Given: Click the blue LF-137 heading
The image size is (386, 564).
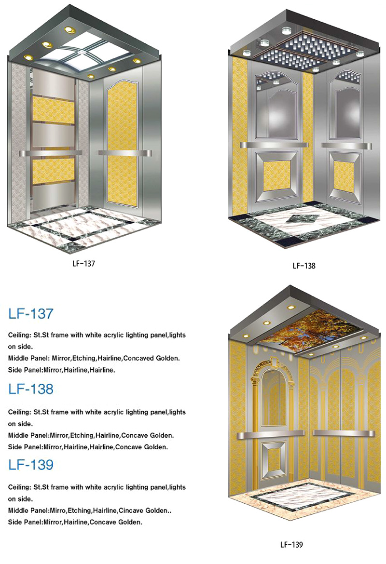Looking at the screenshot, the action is coord(31,314).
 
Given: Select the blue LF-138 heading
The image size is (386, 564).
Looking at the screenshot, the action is coord(31,389).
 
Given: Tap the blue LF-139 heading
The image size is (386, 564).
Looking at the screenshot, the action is coord(31,464).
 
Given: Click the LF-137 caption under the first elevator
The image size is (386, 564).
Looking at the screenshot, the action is coord(83,263).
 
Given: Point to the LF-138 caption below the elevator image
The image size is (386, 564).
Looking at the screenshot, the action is coord(304,266).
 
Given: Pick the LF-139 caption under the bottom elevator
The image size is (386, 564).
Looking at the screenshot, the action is coord(291,545).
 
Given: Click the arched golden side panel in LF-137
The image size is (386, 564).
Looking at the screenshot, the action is coord(123,143).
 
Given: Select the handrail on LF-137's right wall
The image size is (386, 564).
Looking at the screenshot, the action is coord(124,153).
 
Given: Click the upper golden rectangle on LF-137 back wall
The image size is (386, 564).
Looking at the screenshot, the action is coord(54,108).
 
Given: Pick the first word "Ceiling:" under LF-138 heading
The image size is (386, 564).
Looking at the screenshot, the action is coord(20,412).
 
